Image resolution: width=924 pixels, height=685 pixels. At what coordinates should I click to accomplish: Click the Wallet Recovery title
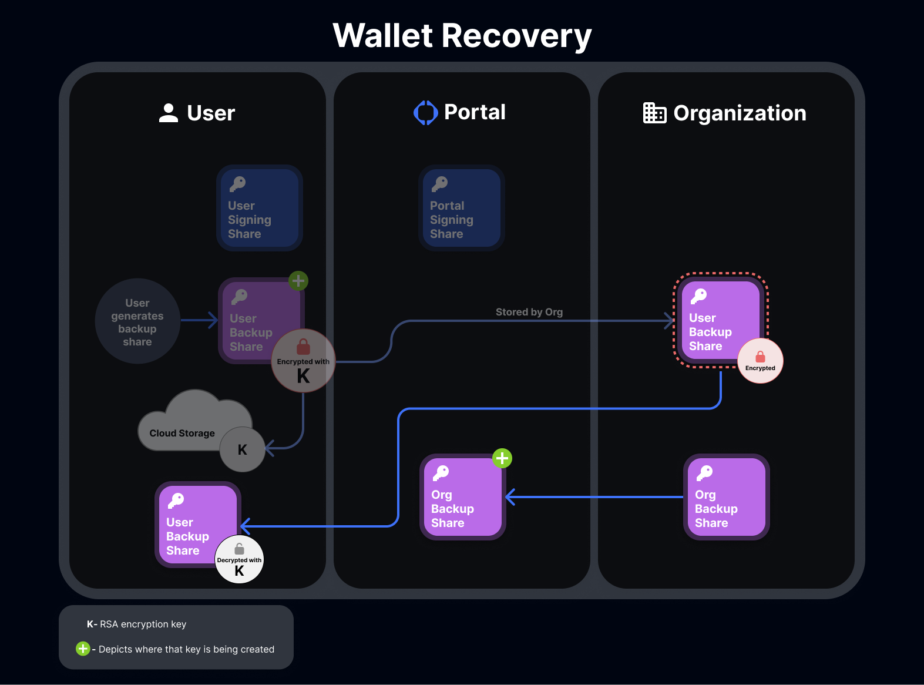point(462,36)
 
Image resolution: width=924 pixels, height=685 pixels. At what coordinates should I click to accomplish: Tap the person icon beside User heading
point(169,113)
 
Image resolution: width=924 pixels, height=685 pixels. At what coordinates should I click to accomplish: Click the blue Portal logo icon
point(426,113)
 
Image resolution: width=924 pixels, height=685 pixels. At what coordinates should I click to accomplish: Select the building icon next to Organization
point(654,113)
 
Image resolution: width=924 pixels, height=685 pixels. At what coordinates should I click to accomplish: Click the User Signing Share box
point(259,208)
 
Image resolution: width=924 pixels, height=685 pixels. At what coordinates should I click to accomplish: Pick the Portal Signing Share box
point(461,208)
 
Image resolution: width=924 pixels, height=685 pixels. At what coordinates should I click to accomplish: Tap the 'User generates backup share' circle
point(137,321)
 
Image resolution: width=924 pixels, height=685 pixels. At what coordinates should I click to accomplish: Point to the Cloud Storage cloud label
point(182,433)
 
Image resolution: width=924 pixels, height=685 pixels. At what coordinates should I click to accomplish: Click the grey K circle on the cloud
point(242,449)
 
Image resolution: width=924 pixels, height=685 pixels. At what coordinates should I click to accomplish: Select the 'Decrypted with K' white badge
point(239,559)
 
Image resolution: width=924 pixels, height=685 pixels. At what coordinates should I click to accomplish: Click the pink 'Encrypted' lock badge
point(760,361)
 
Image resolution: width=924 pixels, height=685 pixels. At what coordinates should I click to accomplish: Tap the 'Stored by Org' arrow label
point(529,312)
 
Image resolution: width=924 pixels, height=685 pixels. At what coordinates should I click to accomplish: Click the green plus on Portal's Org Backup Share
point(502,458)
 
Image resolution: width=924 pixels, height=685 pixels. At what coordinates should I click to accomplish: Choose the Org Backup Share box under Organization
point(726,497)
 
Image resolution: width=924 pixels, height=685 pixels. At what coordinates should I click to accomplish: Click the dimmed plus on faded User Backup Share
point(298,281)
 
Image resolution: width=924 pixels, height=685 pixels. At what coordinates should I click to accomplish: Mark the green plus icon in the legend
point(83,649)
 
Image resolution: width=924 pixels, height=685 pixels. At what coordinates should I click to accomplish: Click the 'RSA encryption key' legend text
point(143,624)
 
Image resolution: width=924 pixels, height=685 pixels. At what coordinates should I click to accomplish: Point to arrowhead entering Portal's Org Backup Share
point(510,497)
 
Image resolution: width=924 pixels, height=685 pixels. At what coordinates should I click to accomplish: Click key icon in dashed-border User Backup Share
point(699,296)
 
